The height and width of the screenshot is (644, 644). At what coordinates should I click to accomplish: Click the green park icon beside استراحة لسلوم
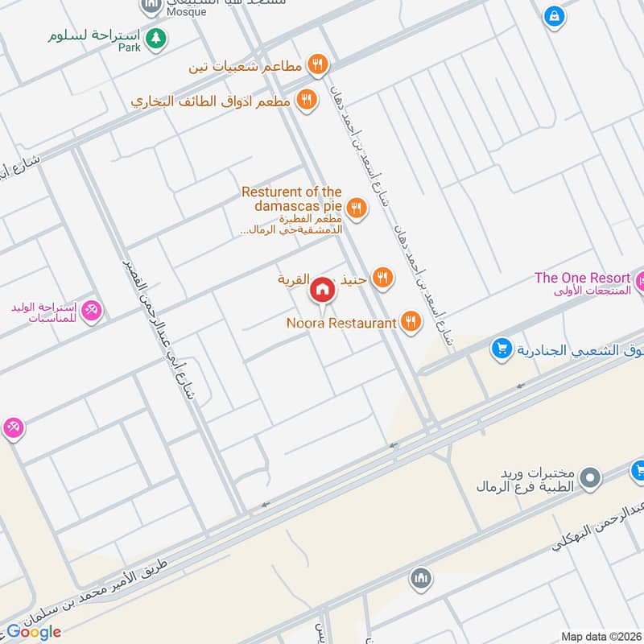[x=156, y=37]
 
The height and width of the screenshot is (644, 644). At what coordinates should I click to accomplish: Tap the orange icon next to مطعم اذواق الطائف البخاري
[x=305, y=101]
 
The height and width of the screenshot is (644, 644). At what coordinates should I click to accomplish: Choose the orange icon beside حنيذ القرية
[x=383, y=279]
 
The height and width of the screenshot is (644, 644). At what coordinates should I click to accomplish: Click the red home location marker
[x=322, y=289]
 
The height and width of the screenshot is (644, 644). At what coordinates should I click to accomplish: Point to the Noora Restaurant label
[x=341, y=323]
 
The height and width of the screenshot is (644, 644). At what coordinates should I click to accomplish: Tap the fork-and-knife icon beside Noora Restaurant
[x=411, y=322]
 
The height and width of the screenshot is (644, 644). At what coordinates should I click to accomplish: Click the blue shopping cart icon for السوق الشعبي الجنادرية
[x=502, y=349]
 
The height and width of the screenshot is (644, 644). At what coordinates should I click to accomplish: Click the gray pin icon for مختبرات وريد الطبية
[x=592, y=479]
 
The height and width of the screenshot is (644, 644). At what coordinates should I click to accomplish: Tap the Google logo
[x=34, y=632]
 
